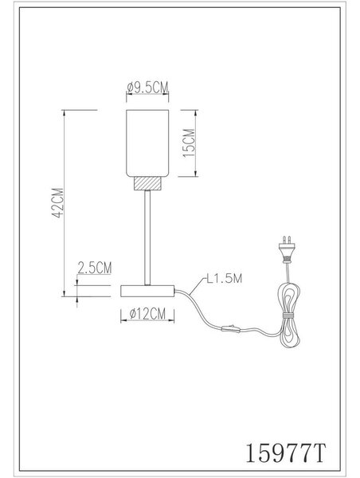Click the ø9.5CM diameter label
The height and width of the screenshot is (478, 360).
[x=147, y=88]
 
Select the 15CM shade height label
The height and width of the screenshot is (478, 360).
[x=189, y=143]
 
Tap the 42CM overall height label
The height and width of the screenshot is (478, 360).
[x=57, y=203]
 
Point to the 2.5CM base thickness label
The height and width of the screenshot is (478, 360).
[x=95, y=268]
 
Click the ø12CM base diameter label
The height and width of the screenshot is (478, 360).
[x=147, y=314]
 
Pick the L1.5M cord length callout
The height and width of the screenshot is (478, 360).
[x=224, y=278]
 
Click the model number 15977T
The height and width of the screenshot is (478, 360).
[x=286, y=453]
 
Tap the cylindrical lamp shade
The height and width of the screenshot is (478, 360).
[x=147, y=143]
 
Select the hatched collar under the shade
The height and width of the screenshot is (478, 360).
[x=147, y=183]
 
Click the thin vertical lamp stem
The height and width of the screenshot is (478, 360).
[x=147, y=237]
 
